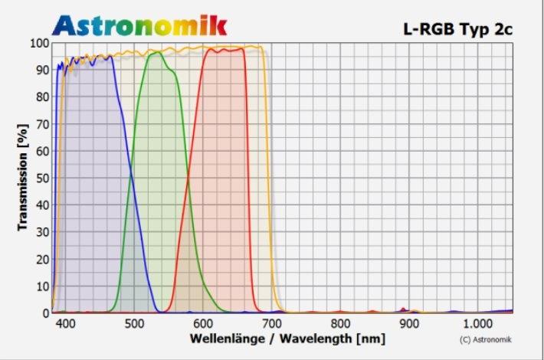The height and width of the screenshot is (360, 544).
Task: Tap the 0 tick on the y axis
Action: tap(45, 313)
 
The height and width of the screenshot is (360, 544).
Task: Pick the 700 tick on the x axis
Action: tap(272, 324)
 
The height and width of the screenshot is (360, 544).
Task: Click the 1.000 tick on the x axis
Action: tap(478, 324)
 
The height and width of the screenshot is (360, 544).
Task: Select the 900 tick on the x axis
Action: tap(410, 324)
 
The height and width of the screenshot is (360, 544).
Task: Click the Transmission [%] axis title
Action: tap(22, 178)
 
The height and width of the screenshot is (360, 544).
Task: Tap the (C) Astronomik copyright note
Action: tap(485, 339)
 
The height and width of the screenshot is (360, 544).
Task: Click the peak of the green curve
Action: tap(157, 52)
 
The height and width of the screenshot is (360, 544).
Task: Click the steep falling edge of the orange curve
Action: tap(270, 176)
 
